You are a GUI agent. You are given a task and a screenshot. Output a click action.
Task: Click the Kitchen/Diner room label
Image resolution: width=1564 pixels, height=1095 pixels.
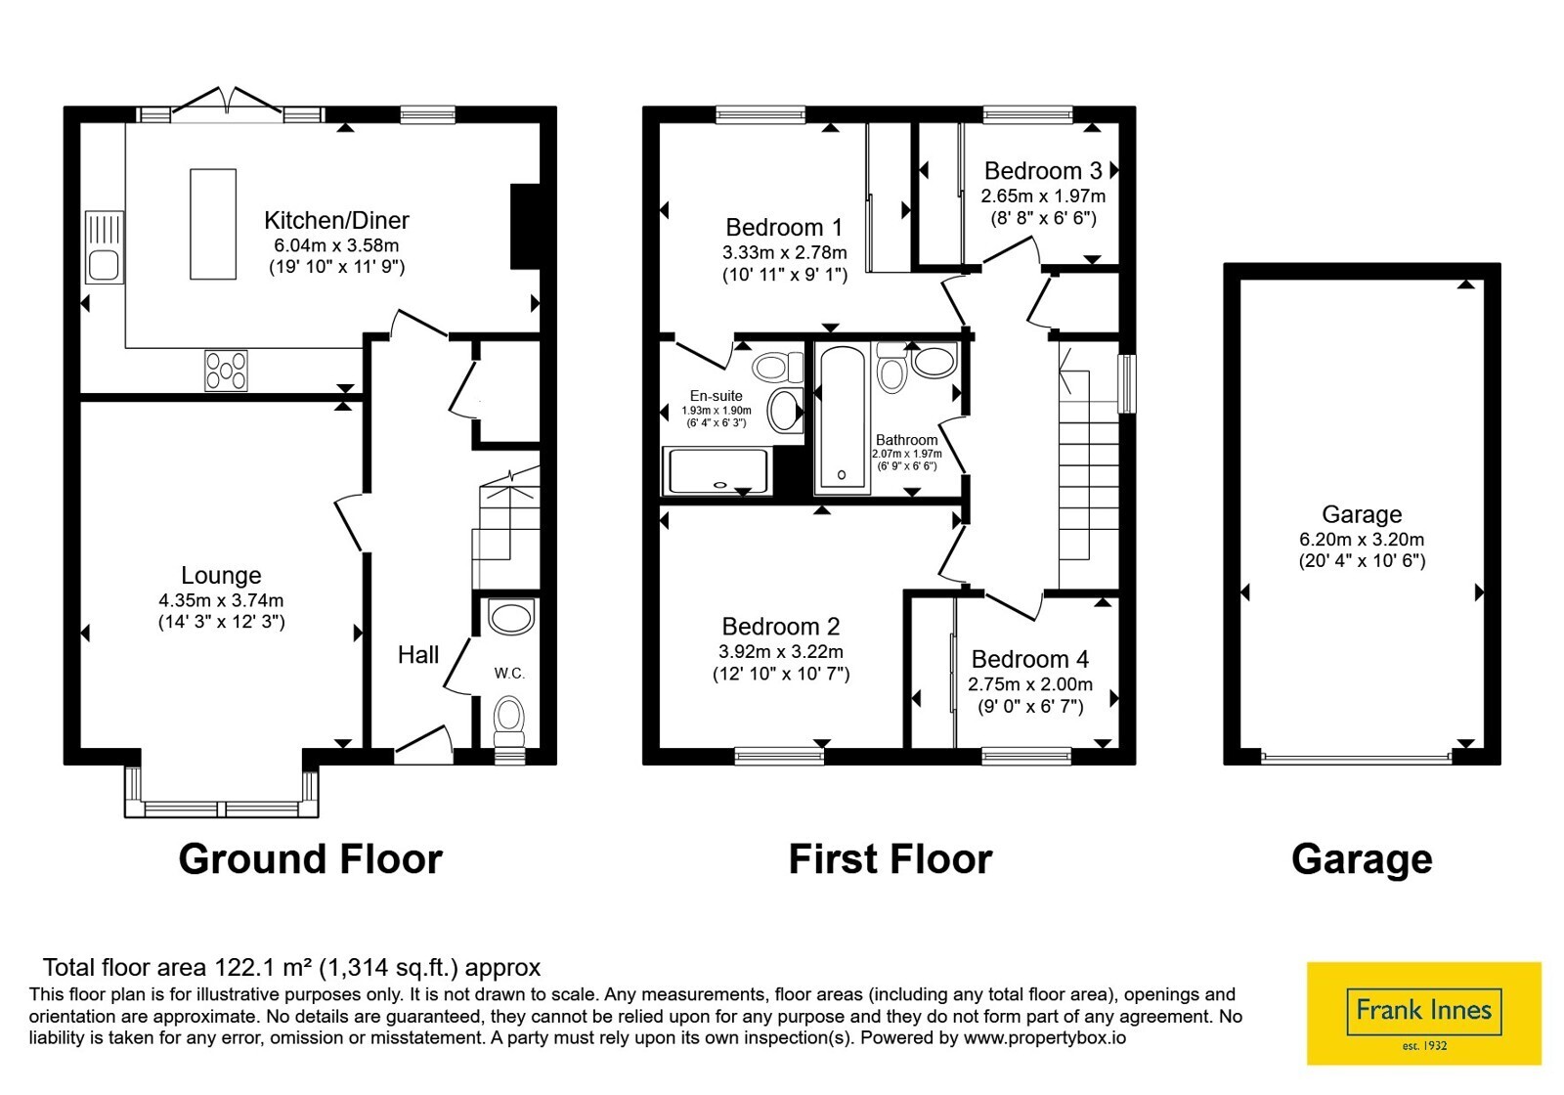click(x=336, y=221)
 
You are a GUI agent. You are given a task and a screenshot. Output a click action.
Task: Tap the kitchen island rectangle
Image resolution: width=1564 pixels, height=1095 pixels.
click(x=213, y=224)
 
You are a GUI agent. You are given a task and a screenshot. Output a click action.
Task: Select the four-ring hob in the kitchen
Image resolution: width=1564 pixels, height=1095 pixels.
click(x=226, y=371)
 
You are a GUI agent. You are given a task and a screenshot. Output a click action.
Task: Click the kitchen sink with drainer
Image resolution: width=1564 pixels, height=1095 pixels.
click(x=104, y=247)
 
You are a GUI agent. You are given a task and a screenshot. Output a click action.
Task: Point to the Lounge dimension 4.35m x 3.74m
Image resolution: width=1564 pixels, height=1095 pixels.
click(x=221, y=600)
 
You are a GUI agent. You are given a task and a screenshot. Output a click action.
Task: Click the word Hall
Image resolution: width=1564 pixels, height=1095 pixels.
click(x=418, y=655)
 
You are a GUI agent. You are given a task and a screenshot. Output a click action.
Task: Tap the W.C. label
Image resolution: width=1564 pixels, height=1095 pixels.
click(x=509, y=674)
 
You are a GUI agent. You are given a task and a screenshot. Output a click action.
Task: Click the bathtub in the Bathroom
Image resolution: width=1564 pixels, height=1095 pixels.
click(x=842, y=417)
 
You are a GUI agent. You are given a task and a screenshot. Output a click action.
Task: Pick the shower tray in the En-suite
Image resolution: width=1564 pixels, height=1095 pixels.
click(x=717, y=472)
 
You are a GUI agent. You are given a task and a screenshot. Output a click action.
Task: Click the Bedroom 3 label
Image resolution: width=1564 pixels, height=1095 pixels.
click(x=1042, y=170)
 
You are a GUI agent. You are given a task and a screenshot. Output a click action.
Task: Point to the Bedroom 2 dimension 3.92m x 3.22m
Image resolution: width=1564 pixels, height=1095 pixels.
click(x=781, y=651)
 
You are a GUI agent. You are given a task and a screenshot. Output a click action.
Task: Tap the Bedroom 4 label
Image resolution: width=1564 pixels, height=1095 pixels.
click(x=1030, y=659)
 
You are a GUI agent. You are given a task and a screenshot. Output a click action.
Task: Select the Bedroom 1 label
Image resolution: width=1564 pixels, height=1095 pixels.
click(x=784, y=228)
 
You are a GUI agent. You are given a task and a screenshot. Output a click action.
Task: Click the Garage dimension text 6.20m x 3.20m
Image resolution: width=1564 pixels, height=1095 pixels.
click(x=1362, y=539)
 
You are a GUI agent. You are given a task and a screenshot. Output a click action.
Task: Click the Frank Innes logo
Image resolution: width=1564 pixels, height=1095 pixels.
click(x=1423, y=1013)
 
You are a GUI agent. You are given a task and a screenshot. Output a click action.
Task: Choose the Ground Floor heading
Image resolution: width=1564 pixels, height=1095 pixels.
click(x=311, y=859)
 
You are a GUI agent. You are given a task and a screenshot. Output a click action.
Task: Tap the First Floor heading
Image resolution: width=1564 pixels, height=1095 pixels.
click(x=891, y=859)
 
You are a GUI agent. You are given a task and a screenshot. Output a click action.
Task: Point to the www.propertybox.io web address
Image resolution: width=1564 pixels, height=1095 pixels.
click(x=1045, y=1037)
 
